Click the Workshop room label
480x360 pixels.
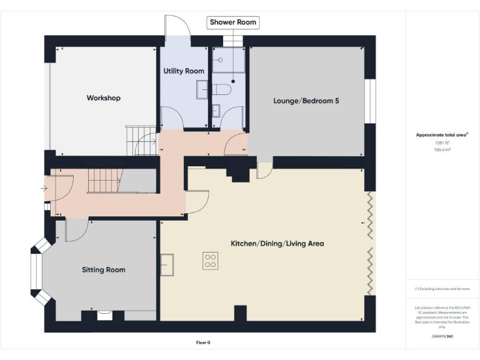coord(103,98)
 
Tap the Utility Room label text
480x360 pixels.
coord(184,71)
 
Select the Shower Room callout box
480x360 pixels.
coord(232,22)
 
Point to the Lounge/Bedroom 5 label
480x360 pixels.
coord(306,101)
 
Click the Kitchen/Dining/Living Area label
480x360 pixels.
coord(277,243)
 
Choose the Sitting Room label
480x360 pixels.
coord(103,270)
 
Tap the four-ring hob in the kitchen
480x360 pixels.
coord(210,261)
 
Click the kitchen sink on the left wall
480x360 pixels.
coord(166,265)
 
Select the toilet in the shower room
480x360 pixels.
coord(222,91)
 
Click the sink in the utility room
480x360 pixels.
coord(201,90)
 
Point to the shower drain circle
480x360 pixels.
coord(233,81)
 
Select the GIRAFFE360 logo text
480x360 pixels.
coord(442,336)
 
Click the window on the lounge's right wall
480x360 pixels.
coord(371,99)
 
